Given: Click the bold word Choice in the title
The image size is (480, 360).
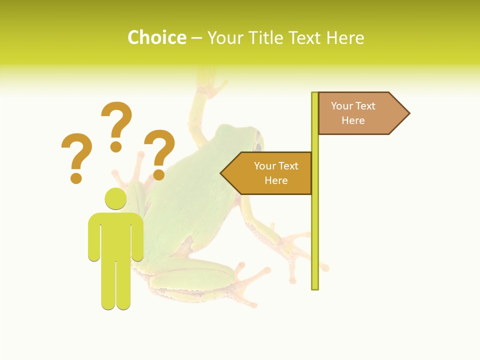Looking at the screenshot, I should click(156, 37).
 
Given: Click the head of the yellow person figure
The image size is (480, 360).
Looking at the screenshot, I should click(115, 198).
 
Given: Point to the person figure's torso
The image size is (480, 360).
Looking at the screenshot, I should click(115, 235).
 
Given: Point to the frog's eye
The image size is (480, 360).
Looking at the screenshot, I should click(258, 146).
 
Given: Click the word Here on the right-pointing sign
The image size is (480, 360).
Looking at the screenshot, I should click(353, 120).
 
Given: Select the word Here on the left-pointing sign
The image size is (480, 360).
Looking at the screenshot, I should click(276, 180).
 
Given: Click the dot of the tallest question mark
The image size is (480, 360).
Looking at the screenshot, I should click(116, 146).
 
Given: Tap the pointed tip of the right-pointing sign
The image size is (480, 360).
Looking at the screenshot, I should click(408, 113).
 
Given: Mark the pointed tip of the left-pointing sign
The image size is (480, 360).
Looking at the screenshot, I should click(221, 173).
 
